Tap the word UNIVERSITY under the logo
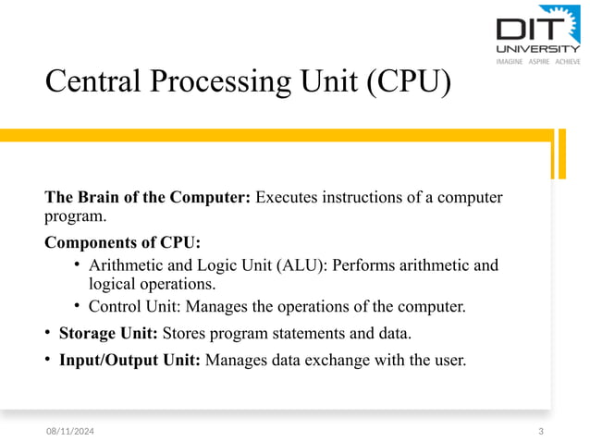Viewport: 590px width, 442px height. pos(538,48)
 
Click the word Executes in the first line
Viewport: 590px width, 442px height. pos(288,197)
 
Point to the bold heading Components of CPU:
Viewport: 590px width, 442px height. pos(121,243)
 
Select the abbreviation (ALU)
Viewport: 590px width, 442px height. pos(301,266)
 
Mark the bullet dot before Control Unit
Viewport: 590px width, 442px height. pos(79,306)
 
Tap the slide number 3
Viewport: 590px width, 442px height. pos(540,432)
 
